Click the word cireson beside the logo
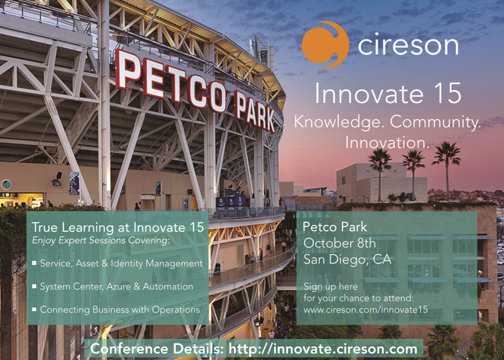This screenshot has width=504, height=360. click(x=408, y=45)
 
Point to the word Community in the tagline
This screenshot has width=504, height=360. click(x=436, y=123)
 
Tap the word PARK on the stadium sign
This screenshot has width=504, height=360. click(x=254, y=111)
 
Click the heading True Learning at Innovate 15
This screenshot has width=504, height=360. click(x=118, y=228)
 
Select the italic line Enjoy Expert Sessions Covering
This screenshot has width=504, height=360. click(x=100, y=241)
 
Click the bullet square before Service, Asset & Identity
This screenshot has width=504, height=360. click(x=34, y=263)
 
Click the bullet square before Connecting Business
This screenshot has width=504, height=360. click(x=34, y=309)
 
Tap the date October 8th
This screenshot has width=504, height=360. click(x=340, y=243)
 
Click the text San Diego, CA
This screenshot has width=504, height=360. click(x=347, y=260)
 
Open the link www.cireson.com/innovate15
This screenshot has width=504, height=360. click(x=366, y=310)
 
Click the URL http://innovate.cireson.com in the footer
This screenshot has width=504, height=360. click(x=323, y=349)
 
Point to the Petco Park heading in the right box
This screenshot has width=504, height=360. click(x=335, y=227)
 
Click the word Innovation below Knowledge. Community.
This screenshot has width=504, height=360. click(x=387, y=143)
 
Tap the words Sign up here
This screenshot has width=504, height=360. click(x=330, y=286)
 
